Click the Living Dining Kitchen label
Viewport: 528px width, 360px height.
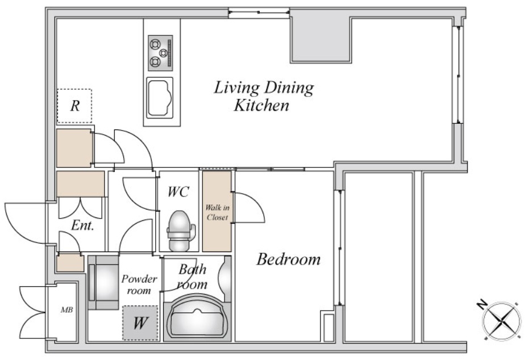[x=264, y=96]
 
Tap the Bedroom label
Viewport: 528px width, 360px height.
[x=289, y=259]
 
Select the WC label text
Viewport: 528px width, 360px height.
[x=178, y=192]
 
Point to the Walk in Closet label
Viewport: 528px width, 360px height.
[x=217, y=212]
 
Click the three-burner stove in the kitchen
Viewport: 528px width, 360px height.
[x=161, y=53]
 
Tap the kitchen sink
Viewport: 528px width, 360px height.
[x=160, y=98]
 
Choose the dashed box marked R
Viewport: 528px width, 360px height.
[x=74, y=106]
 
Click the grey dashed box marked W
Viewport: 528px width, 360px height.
[x=140, y=323]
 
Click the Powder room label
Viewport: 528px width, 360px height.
[x=139, y=284]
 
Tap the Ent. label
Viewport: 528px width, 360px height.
[x=82, y=225]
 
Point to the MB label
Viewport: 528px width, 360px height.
[x=66, y=310]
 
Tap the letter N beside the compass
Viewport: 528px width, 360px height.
[x=482, y=304]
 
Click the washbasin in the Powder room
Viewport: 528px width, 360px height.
[x=103, y=283]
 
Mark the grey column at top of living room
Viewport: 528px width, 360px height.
[x=321, y=40]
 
